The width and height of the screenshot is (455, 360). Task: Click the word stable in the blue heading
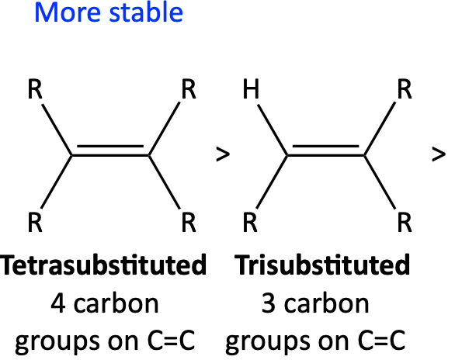coord(146,12)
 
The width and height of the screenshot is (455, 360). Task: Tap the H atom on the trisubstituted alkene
coord(251,88)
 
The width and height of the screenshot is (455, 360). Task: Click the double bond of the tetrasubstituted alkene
coord(110,151)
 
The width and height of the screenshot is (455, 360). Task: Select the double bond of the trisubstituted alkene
coord(326,151)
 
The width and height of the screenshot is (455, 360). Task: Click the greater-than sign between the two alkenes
coord(223,154)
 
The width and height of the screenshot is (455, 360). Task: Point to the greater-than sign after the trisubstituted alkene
coord(439,154)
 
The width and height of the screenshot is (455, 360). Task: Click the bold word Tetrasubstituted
coord(103,265)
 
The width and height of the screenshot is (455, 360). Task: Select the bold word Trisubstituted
coord(322,265)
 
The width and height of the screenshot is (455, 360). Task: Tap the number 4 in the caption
coord(57,303)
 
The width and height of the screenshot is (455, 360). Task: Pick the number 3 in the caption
coord(269,303)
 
